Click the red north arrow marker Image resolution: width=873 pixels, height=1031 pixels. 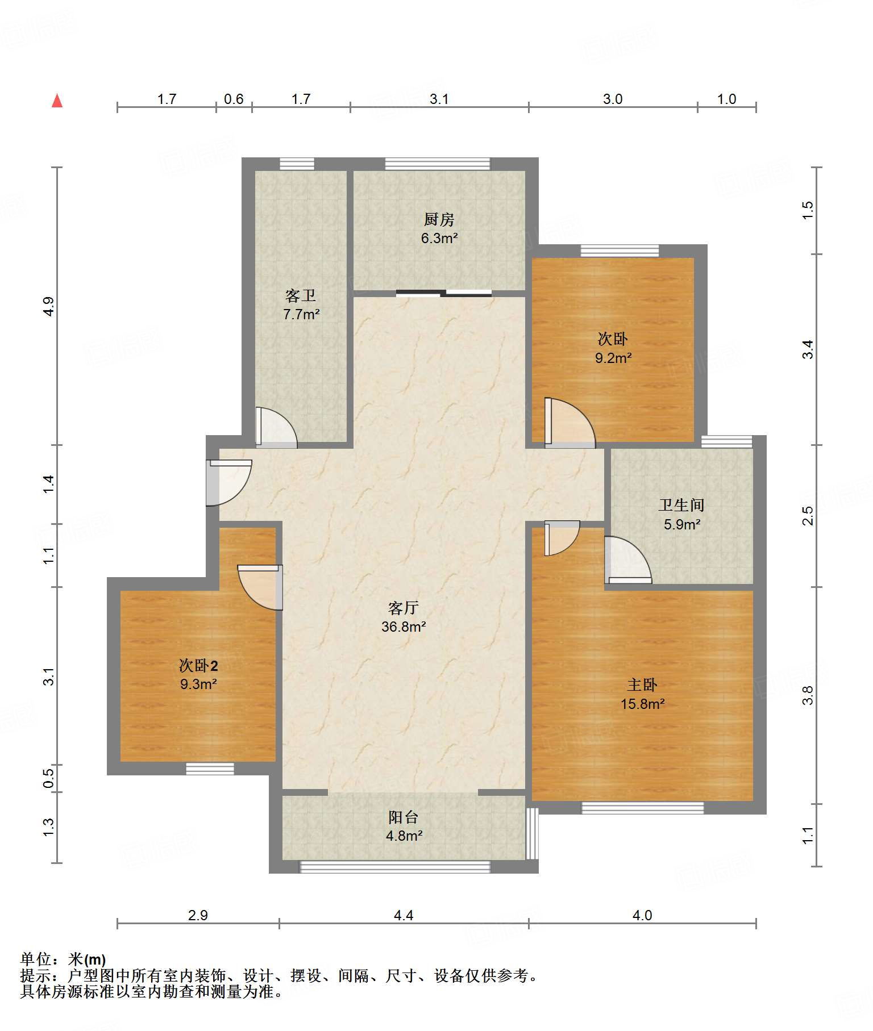[x=57, y=101]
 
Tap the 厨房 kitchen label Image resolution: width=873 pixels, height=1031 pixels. [x=439, y=219]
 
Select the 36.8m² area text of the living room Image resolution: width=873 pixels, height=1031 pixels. [x=404, y=627]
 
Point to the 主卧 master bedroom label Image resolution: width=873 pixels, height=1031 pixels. [x=642, y=684]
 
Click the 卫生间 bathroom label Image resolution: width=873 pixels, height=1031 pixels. [x=681, y=504]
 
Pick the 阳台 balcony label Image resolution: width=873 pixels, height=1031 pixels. [x=404, y=817]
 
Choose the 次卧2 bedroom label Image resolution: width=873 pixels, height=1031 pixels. [x=198, y=665]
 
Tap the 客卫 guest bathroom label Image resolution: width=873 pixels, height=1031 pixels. [x=301, y=295]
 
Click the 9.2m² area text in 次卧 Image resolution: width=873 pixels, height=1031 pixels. [x=613, y=358]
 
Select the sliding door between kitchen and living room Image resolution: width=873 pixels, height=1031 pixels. [x=444, y=293]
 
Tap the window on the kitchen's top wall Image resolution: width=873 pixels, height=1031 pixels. [x=438, y=164]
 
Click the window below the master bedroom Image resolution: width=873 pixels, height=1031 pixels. [x=642, y=807]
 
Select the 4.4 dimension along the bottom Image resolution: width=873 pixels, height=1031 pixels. [x=404, y=915]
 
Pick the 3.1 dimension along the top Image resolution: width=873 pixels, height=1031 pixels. [x=439, y=99]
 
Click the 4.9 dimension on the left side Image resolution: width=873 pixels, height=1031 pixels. [x=49, y=307]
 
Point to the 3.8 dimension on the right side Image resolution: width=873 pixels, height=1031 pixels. [x=808, y=695]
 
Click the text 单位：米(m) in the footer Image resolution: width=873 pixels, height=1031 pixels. [x=63, y=959]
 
